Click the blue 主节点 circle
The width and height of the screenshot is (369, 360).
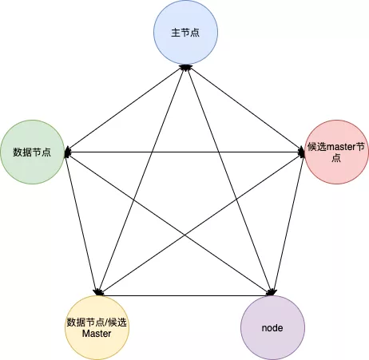[185, 33]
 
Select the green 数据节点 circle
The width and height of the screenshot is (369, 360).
[33, 152]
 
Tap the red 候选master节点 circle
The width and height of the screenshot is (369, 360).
[336, 152]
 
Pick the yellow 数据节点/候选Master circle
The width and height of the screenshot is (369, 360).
[97, 327]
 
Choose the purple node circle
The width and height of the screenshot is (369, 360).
[272, 327]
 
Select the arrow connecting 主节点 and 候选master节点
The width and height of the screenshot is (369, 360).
[245, 109]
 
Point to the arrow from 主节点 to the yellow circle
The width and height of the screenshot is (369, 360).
[141, 180]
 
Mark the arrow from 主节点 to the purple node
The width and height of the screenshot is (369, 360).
[229, 180]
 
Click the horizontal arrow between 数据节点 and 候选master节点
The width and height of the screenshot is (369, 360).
[184, 152]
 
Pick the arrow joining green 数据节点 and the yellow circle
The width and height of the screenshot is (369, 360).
[81, 224]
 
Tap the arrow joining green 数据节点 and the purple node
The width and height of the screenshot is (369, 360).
[169, 224]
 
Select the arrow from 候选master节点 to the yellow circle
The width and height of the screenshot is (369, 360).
[202, 224]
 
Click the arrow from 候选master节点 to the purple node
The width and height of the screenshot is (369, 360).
[289, 224]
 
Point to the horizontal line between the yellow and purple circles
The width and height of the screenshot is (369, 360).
[184, 295]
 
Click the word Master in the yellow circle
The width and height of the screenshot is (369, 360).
[97, 334]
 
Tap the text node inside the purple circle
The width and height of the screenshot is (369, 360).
[272, 328]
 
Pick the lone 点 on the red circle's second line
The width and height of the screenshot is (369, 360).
[336, 158]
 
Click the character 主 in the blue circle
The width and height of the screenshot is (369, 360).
[176, 33]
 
